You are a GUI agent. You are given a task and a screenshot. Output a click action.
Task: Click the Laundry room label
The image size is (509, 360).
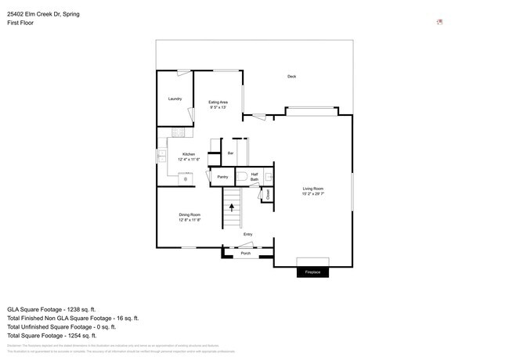(175, 99)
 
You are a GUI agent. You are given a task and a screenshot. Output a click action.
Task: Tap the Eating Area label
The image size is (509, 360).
(218, 103)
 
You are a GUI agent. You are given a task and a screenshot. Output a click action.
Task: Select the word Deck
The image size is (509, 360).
(291, 76)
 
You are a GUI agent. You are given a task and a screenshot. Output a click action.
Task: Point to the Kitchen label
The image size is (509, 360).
(189, 154)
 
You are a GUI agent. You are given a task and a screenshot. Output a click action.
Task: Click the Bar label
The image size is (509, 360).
(230, 153)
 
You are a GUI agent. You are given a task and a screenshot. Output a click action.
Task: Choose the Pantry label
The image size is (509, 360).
(222, 178)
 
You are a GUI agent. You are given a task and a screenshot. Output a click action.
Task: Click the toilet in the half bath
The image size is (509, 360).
(242, 175)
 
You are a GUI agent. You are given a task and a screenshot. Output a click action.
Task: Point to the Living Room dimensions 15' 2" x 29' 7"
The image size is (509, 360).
(313, 194)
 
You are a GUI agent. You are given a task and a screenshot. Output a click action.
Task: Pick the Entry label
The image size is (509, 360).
(247, 234)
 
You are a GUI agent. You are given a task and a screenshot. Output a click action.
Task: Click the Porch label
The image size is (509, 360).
(245, 254)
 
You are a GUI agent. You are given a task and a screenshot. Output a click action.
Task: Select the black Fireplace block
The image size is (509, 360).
(312, 272)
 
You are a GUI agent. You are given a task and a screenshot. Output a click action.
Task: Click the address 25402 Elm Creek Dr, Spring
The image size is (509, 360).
(43, 14)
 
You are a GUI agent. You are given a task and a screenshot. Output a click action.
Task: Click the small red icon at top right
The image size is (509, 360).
(439, 22)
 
